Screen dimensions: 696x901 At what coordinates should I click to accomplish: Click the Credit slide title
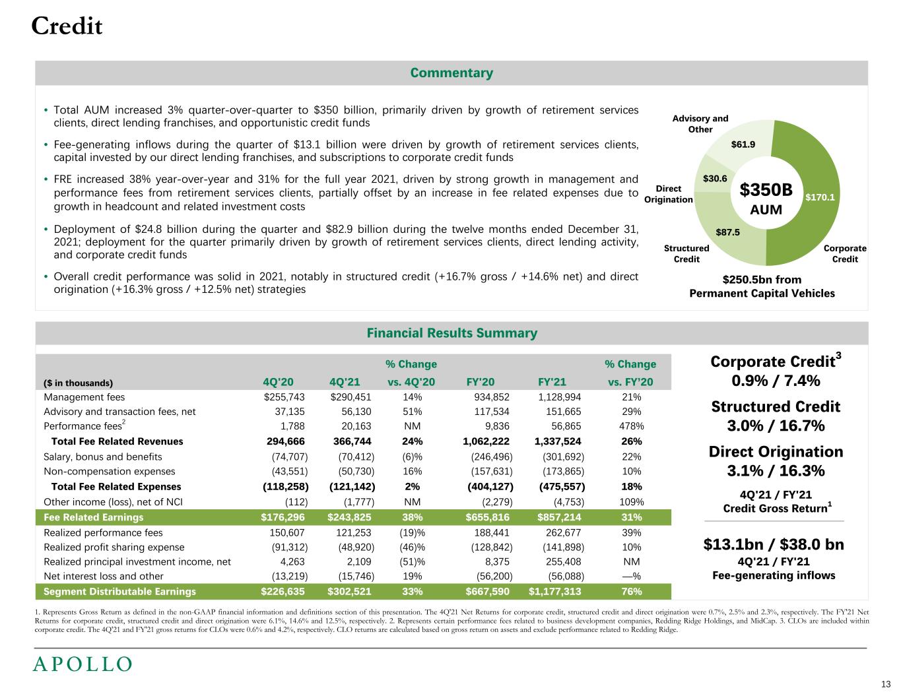tap(67, 26)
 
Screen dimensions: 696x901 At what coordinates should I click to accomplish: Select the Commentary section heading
tap(451, 73)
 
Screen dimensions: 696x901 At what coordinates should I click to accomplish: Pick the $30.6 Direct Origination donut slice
tap(715, 179)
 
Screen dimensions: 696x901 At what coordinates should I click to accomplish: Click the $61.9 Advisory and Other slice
tap(743, 143)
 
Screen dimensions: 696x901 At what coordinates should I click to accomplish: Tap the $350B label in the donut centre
tap(766, 190)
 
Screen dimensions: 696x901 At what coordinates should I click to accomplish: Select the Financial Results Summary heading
tap(451, 333)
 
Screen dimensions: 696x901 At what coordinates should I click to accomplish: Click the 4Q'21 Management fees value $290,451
tap(350, 397)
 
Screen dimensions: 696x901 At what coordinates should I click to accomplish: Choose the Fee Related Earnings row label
tap(93, 517)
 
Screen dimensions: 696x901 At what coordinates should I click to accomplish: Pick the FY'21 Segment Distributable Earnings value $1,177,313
tap(554, 591)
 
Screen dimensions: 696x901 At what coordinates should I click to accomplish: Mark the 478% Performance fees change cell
tap(632, 427)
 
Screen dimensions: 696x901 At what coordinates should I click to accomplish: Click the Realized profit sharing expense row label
tap(114, 547)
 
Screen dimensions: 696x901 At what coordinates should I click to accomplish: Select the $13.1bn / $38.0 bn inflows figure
tap(774, 545)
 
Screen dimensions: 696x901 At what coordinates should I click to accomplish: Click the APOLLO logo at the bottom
tap(83, 664)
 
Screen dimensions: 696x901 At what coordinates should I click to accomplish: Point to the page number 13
tap(885, 683)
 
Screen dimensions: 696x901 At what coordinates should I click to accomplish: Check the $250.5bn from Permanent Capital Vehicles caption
tap(762, 286)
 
